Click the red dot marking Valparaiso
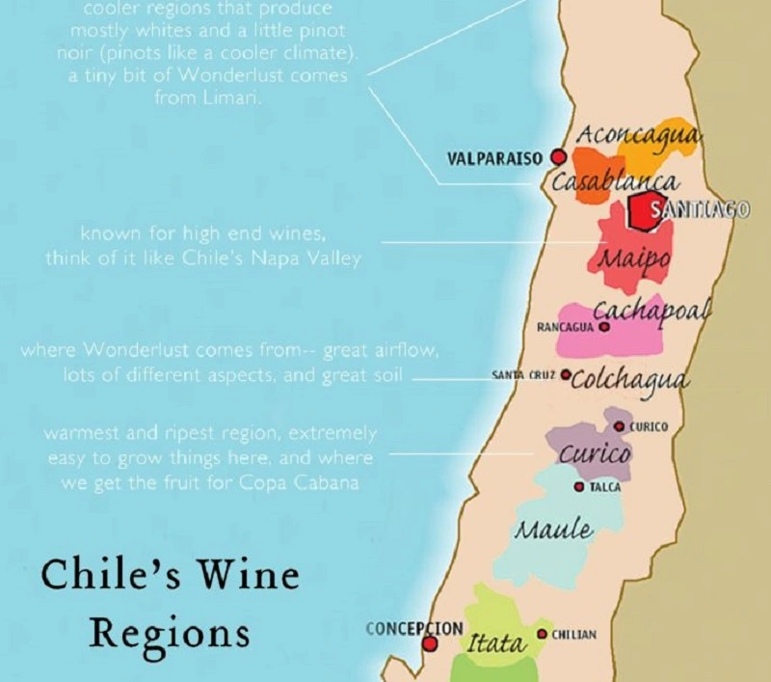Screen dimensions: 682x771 point(557,157)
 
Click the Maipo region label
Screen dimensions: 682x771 point(633,259)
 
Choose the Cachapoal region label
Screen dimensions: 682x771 point(652,311)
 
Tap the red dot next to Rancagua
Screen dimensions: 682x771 point(604,327)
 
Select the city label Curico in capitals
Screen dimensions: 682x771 point(648,426)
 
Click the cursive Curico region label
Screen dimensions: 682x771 point(596,453)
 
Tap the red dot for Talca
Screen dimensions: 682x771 point(578,487)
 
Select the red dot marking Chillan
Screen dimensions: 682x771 point(543,634)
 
